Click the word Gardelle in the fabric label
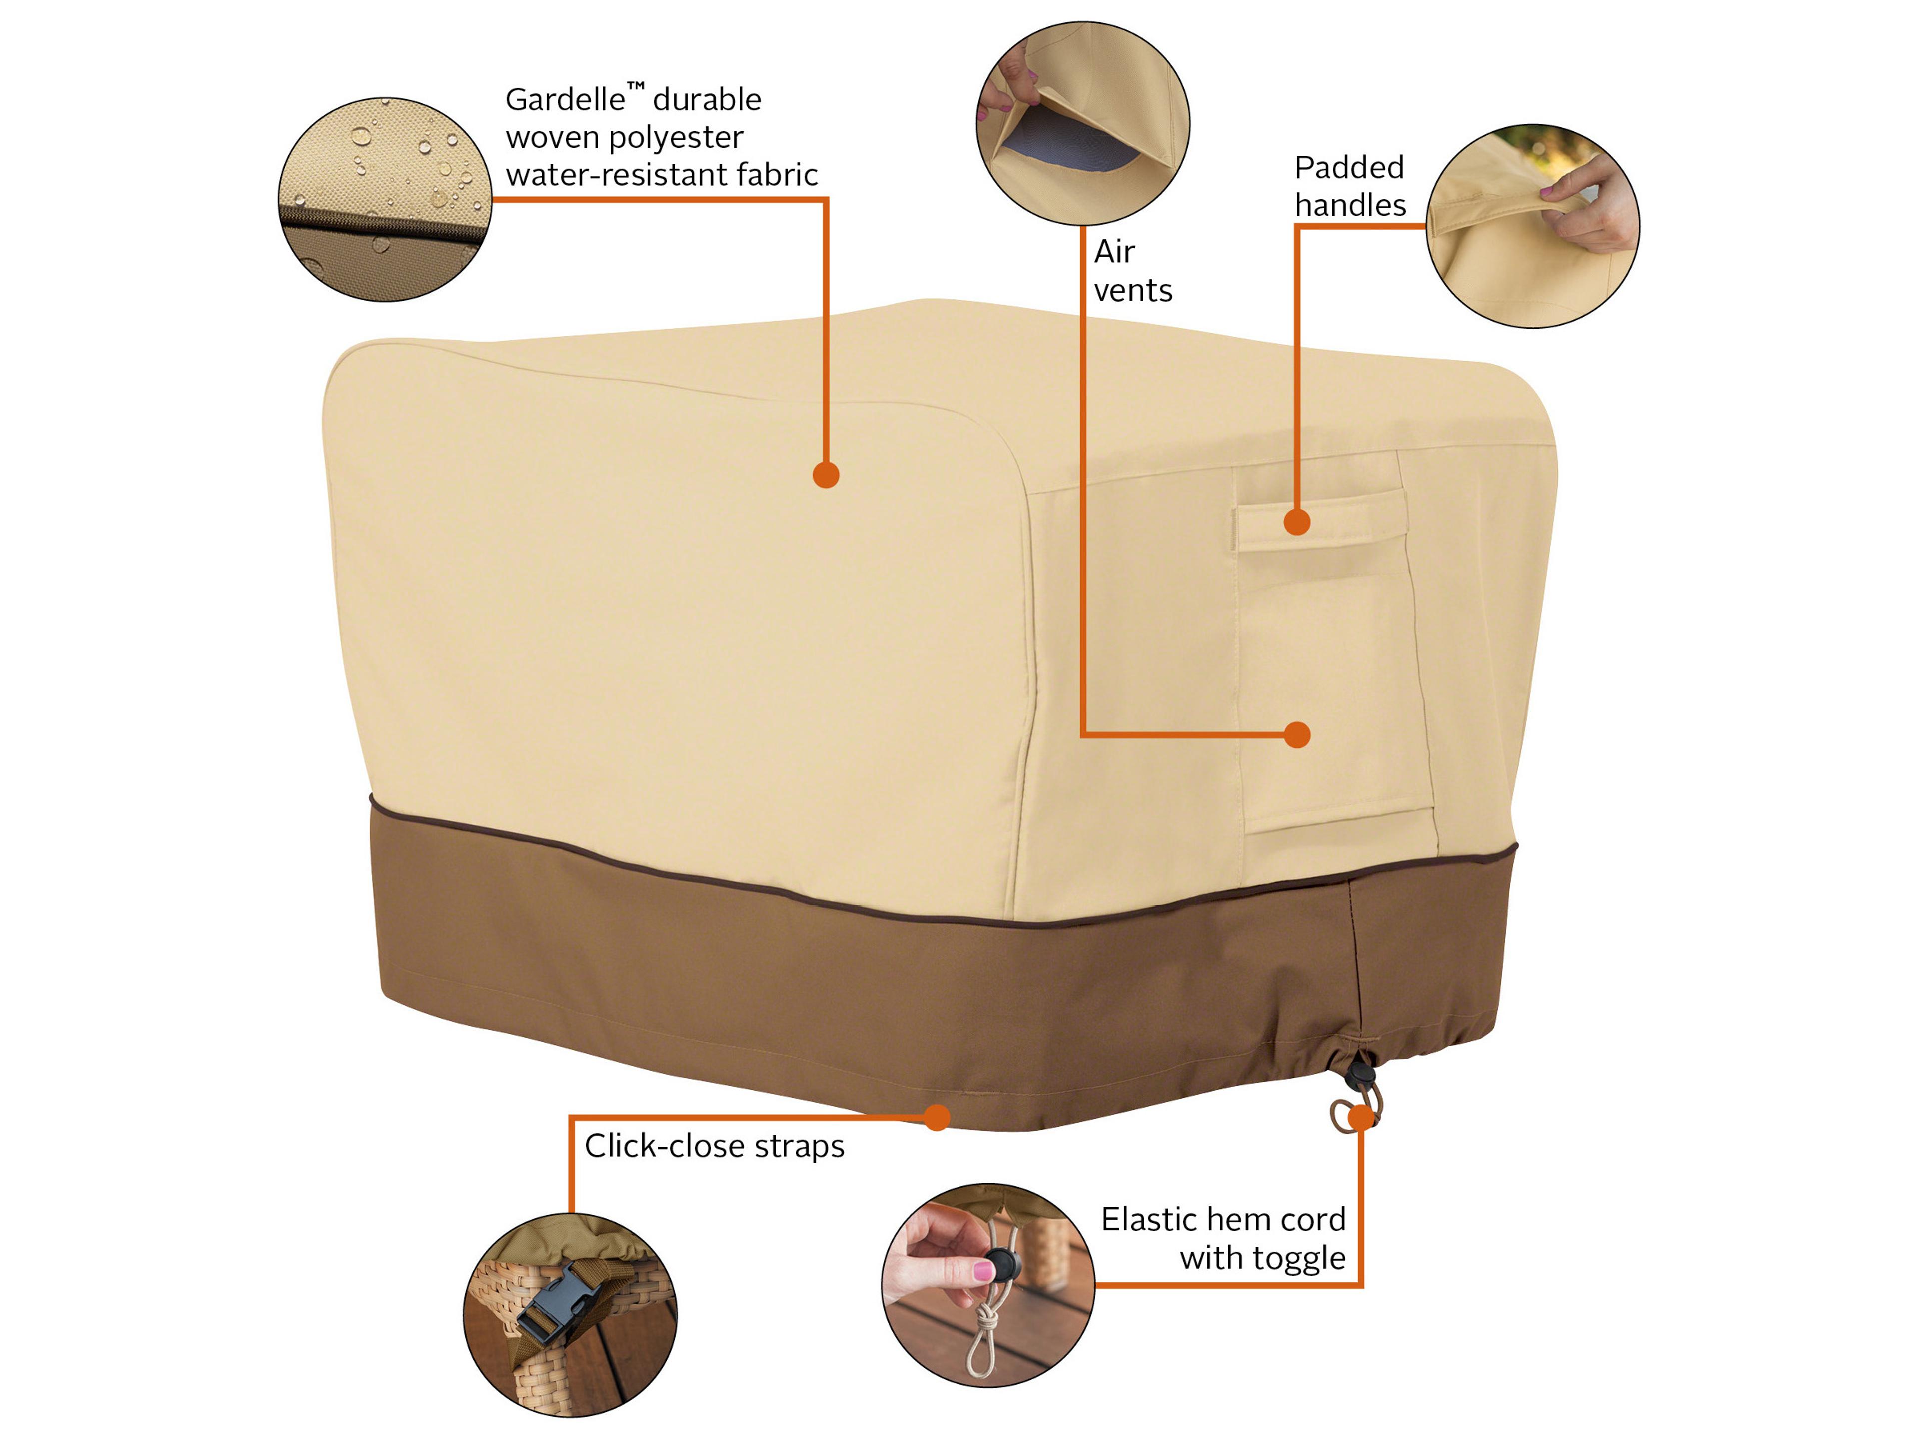click(565, 100)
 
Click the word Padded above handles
click(1349, 167)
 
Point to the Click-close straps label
click(714, 1146)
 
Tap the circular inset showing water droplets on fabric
click(385, 199)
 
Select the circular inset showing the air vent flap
click(1083, 124)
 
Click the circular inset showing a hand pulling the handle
click(1533, 225)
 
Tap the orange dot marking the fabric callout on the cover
click(826, 475)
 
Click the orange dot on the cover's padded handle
click(1297, 522)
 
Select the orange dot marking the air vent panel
click(1297, 735)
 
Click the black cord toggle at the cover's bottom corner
click(1359, 1076)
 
